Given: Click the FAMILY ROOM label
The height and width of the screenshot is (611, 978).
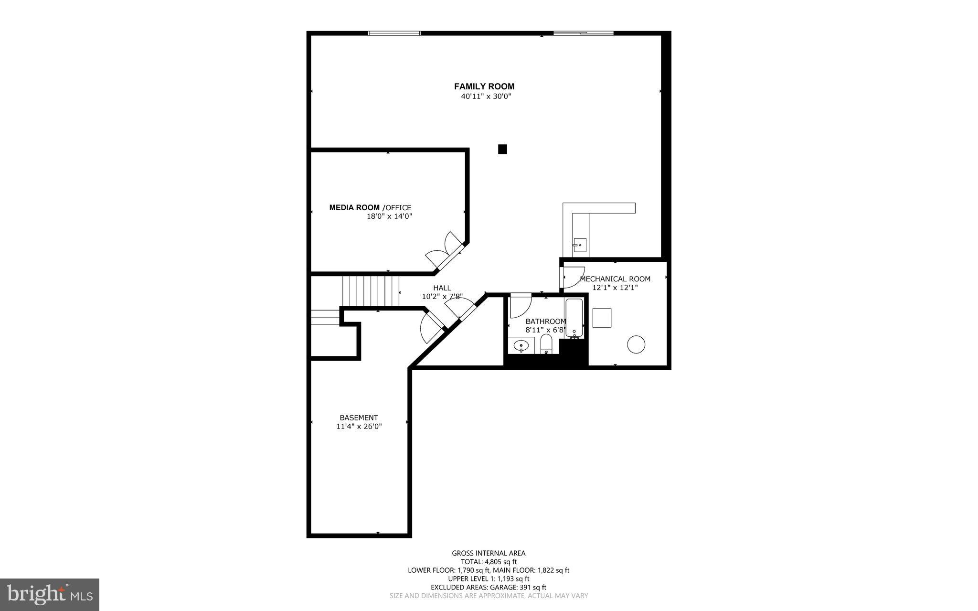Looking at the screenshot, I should click(484, 86).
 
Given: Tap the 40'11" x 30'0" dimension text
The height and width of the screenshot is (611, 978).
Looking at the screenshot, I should click(486, 96).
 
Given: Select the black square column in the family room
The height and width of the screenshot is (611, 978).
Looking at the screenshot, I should click(502, 150).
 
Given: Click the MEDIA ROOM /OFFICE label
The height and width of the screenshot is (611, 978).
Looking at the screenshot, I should click(370, 207).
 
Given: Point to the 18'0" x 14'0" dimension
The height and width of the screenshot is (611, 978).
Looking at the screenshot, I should click(389, 216).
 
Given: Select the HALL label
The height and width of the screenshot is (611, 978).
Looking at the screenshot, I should click(442, 288).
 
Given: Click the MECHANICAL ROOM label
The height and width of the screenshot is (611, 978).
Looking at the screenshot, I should click(615, 279).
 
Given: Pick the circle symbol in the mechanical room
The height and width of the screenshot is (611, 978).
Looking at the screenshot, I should click(636, 344).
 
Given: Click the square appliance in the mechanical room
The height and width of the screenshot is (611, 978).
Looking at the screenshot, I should click(602, 318).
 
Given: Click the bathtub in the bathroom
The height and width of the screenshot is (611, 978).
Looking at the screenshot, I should click(574, 318).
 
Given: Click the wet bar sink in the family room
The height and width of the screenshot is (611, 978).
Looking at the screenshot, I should click(579, 245).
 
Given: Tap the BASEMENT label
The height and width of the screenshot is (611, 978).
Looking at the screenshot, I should click(359, 418).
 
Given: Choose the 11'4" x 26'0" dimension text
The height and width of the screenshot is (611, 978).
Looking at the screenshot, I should click(359, 427).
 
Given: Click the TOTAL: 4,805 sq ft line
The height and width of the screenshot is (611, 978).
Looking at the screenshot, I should click(489, 562).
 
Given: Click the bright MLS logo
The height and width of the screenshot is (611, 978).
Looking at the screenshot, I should click(50, 594).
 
